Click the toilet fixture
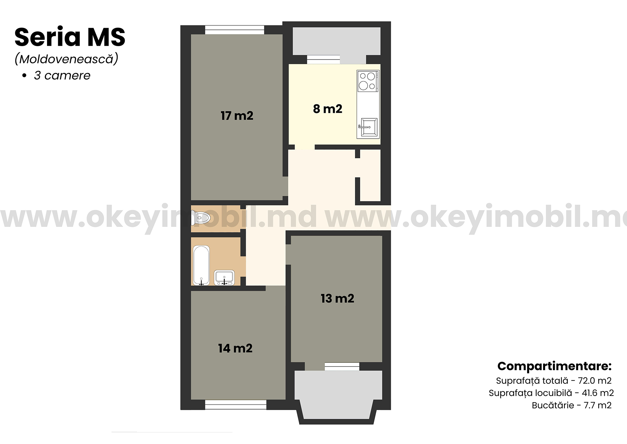[201, 217]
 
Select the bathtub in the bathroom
[201, 265]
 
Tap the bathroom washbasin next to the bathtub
[224, 278]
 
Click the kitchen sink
[368, 127]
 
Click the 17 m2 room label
[237, 116]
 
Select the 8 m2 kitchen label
[328, 109]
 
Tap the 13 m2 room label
[337, 299]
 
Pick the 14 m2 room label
[235, 348]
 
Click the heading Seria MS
[70, 37]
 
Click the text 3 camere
[62, 76]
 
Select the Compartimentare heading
[555, 366]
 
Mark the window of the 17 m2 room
[234, 30]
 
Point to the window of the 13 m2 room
[342, 367]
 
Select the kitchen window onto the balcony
[323, 60]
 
